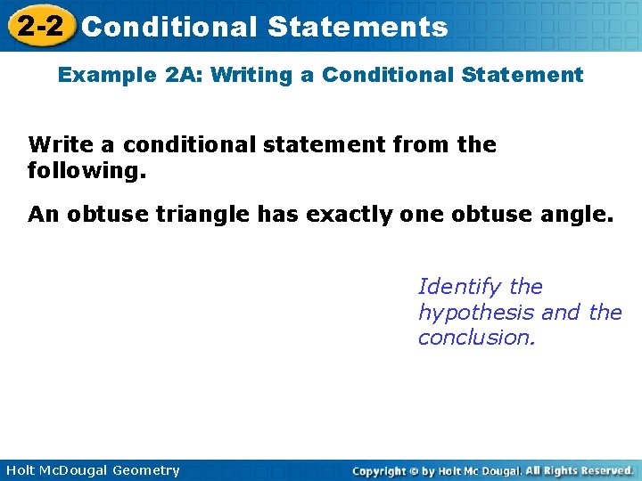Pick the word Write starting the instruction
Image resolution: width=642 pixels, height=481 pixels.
pos(62,144)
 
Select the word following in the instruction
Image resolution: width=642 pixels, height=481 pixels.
pos(82,169)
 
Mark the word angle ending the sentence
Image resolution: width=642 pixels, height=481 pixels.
pos(580,214)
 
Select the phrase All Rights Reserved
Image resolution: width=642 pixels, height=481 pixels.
pos(580,470)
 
